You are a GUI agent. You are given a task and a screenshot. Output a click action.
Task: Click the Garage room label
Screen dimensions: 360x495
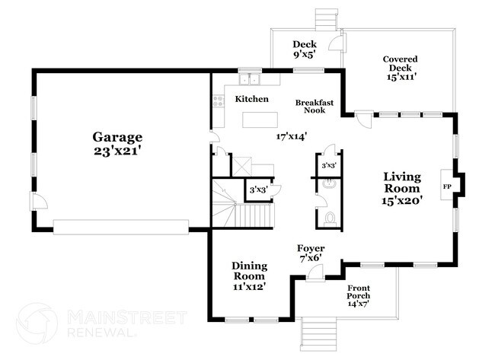point(118,137)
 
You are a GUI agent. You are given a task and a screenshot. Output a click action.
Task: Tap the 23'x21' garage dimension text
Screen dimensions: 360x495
point(118,151)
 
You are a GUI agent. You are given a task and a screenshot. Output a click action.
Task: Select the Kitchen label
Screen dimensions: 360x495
point(251,100)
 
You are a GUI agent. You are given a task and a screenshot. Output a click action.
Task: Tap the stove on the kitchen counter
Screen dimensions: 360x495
point(219,99)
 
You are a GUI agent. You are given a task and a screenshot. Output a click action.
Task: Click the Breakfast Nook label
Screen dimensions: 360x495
point(311,106)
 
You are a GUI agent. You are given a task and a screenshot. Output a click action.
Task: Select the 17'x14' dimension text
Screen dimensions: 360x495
point(291,137)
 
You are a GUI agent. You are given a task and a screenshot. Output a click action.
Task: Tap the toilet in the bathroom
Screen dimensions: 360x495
point(329,218)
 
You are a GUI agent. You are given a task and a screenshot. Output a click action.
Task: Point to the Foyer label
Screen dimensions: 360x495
point(311,249)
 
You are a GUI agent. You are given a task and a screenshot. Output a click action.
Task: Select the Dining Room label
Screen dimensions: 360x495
point(249,271)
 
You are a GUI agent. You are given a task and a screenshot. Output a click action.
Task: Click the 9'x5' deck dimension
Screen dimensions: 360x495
point(304,55)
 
